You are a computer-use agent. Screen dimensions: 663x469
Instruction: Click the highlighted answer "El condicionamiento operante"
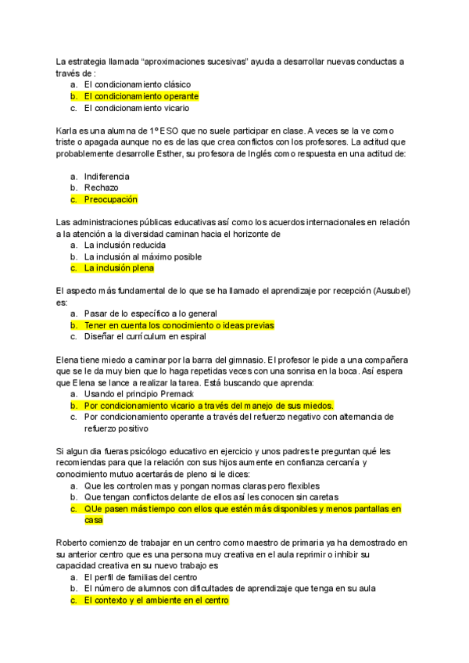(141, 96)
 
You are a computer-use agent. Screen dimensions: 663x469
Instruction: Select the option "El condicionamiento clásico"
(137, 84)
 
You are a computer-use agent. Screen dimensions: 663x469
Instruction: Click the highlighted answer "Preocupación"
(110, 199)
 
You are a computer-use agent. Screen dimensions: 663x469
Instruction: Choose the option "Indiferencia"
(106, 176)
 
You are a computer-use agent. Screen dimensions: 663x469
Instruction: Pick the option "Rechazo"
(102, 188)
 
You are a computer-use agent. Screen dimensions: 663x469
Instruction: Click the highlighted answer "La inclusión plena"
(119, 268)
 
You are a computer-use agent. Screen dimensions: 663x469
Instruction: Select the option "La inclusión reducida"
(125, 245)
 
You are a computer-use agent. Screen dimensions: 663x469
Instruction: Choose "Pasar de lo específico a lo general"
(151, 314)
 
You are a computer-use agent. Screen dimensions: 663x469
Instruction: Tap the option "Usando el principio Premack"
(138, 394)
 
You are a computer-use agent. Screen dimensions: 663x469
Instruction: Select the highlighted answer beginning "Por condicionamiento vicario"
(209, 406)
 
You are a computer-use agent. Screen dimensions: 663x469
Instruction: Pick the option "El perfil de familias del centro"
(146, 577)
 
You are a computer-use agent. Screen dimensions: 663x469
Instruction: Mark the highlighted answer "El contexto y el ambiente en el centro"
(156, 600)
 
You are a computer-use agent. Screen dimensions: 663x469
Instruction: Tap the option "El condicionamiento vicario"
(136, 108)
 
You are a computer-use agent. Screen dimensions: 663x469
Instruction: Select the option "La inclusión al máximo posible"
(143, 256)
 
